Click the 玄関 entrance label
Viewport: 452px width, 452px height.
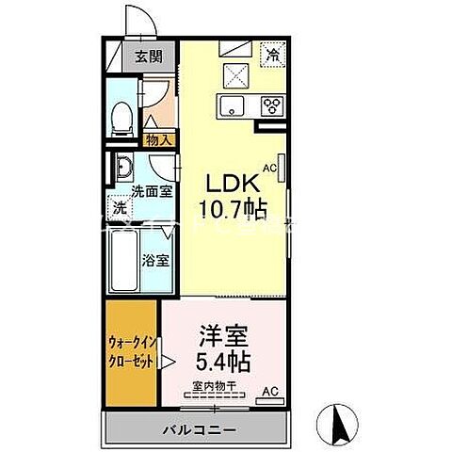click(x=148, y=57)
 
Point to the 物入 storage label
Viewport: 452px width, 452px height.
click(x=157, y=139)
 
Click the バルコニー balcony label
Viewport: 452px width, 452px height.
click(x=202, y=429)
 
